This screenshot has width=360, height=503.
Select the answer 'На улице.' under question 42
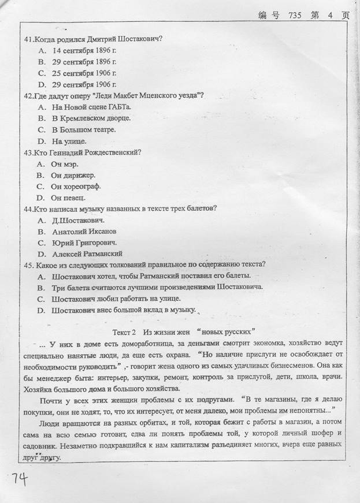(69, 141)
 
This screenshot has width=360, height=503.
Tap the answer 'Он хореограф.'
(76, 187)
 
